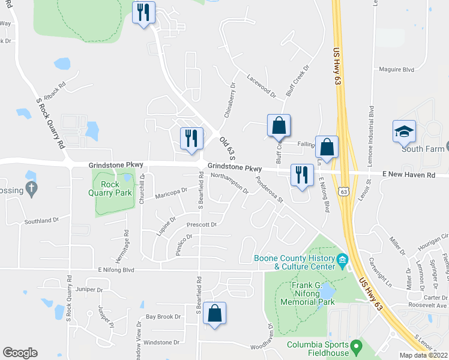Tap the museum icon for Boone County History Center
coord(342,260)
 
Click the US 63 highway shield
coord(343,191)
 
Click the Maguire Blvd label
coord(397,70)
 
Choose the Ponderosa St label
coord(268,190)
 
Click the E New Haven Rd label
coord(408,175)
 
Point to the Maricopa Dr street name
coord(170,194)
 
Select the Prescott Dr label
coord(201,224)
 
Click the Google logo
coord(20,353)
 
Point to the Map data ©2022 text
coord(423,355)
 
